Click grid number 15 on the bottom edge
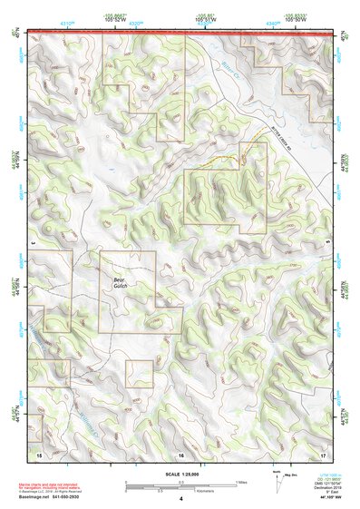[x=38, y=453]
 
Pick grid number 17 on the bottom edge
[x=324, y=453]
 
